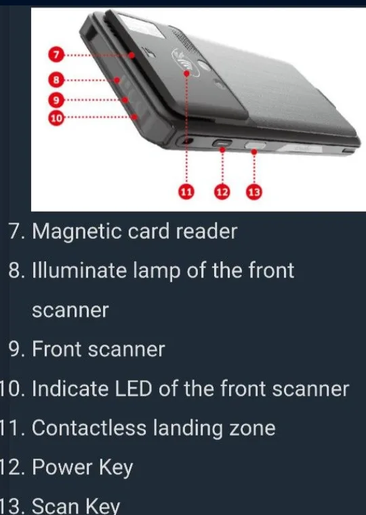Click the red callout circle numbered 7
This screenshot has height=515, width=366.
57,53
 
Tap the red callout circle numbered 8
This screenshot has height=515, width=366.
57,79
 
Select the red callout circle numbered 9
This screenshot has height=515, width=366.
57,100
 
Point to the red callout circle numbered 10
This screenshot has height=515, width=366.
57,118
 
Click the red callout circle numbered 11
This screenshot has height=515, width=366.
186,193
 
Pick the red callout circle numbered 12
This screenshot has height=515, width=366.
222,193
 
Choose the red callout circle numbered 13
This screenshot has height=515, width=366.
253,193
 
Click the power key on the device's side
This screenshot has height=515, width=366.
222,144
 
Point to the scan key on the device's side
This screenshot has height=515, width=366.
255,145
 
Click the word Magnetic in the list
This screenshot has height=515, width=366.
77,231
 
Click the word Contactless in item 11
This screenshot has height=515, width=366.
89,428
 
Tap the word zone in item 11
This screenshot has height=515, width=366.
251,429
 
